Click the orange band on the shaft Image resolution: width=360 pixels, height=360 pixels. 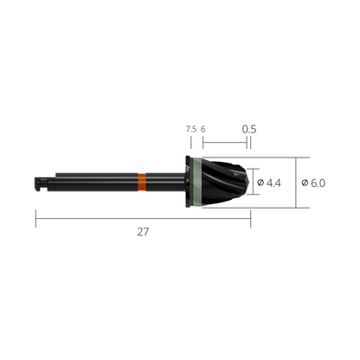pyautogui.click(x=142, y=183)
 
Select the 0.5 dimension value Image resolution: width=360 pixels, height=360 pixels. pyautogui.click(x=249, y=129)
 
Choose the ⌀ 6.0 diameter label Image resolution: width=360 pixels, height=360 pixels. pyautogui.click(x=314, y=183)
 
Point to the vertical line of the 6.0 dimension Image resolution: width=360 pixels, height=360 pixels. pyautogui.click(x=296, y=183)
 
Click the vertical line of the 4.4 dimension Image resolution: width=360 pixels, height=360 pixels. pyautogui.click(x=251, y=183)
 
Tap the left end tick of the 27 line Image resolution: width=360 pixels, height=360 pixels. pyautogui.click(x=35, y=220)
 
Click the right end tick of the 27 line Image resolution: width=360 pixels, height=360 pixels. pyautogui.click(x=251, y=220)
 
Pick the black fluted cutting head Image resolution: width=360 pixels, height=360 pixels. pyautogui.click(x=230, y=182)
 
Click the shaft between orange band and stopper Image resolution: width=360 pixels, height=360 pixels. pyautogui.click(x=166, y=183)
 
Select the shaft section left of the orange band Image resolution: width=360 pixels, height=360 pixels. pyautogui.click(x=95, y=183)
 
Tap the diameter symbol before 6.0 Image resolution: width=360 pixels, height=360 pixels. pyautogui.click(x=305, y=183)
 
